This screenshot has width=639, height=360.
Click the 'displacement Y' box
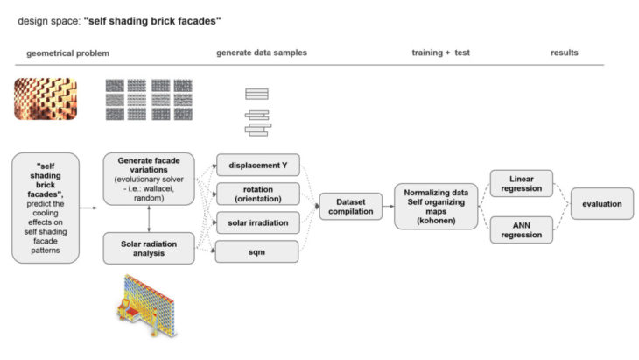[259, 163]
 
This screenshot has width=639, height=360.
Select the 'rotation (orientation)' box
[259, 193]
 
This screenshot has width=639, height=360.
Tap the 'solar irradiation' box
[259, 222]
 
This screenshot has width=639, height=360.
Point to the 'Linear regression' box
[522, 184]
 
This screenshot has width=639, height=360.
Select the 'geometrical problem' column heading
[68, 53]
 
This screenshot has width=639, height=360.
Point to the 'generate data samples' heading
[262, 53]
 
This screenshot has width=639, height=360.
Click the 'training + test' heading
[440, 53]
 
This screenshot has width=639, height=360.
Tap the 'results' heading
[564, 53]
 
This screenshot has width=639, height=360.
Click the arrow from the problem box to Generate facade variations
[87, 208]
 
